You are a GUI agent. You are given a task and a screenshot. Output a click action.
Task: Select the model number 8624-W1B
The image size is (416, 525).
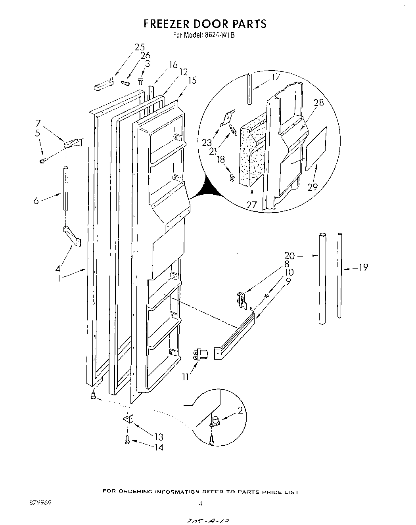tap(220, 35)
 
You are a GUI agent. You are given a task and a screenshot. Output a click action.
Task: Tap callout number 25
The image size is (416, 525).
tap(140, 47)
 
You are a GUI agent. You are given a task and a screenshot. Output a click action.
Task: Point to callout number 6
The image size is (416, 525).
tap(36, 201)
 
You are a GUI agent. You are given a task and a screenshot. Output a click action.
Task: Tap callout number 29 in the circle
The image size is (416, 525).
tap(312, 187)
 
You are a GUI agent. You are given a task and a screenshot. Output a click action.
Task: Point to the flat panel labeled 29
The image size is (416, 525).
tap(316, 149)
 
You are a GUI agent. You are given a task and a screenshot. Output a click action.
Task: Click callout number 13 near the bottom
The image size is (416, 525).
tap(159, 437)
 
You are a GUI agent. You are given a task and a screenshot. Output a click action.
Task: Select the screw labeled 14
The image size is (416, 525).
tap(127, 439)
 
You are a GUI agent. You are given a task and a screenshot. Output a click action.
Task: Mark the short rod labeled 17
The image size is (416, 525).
tap(249, 88)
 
